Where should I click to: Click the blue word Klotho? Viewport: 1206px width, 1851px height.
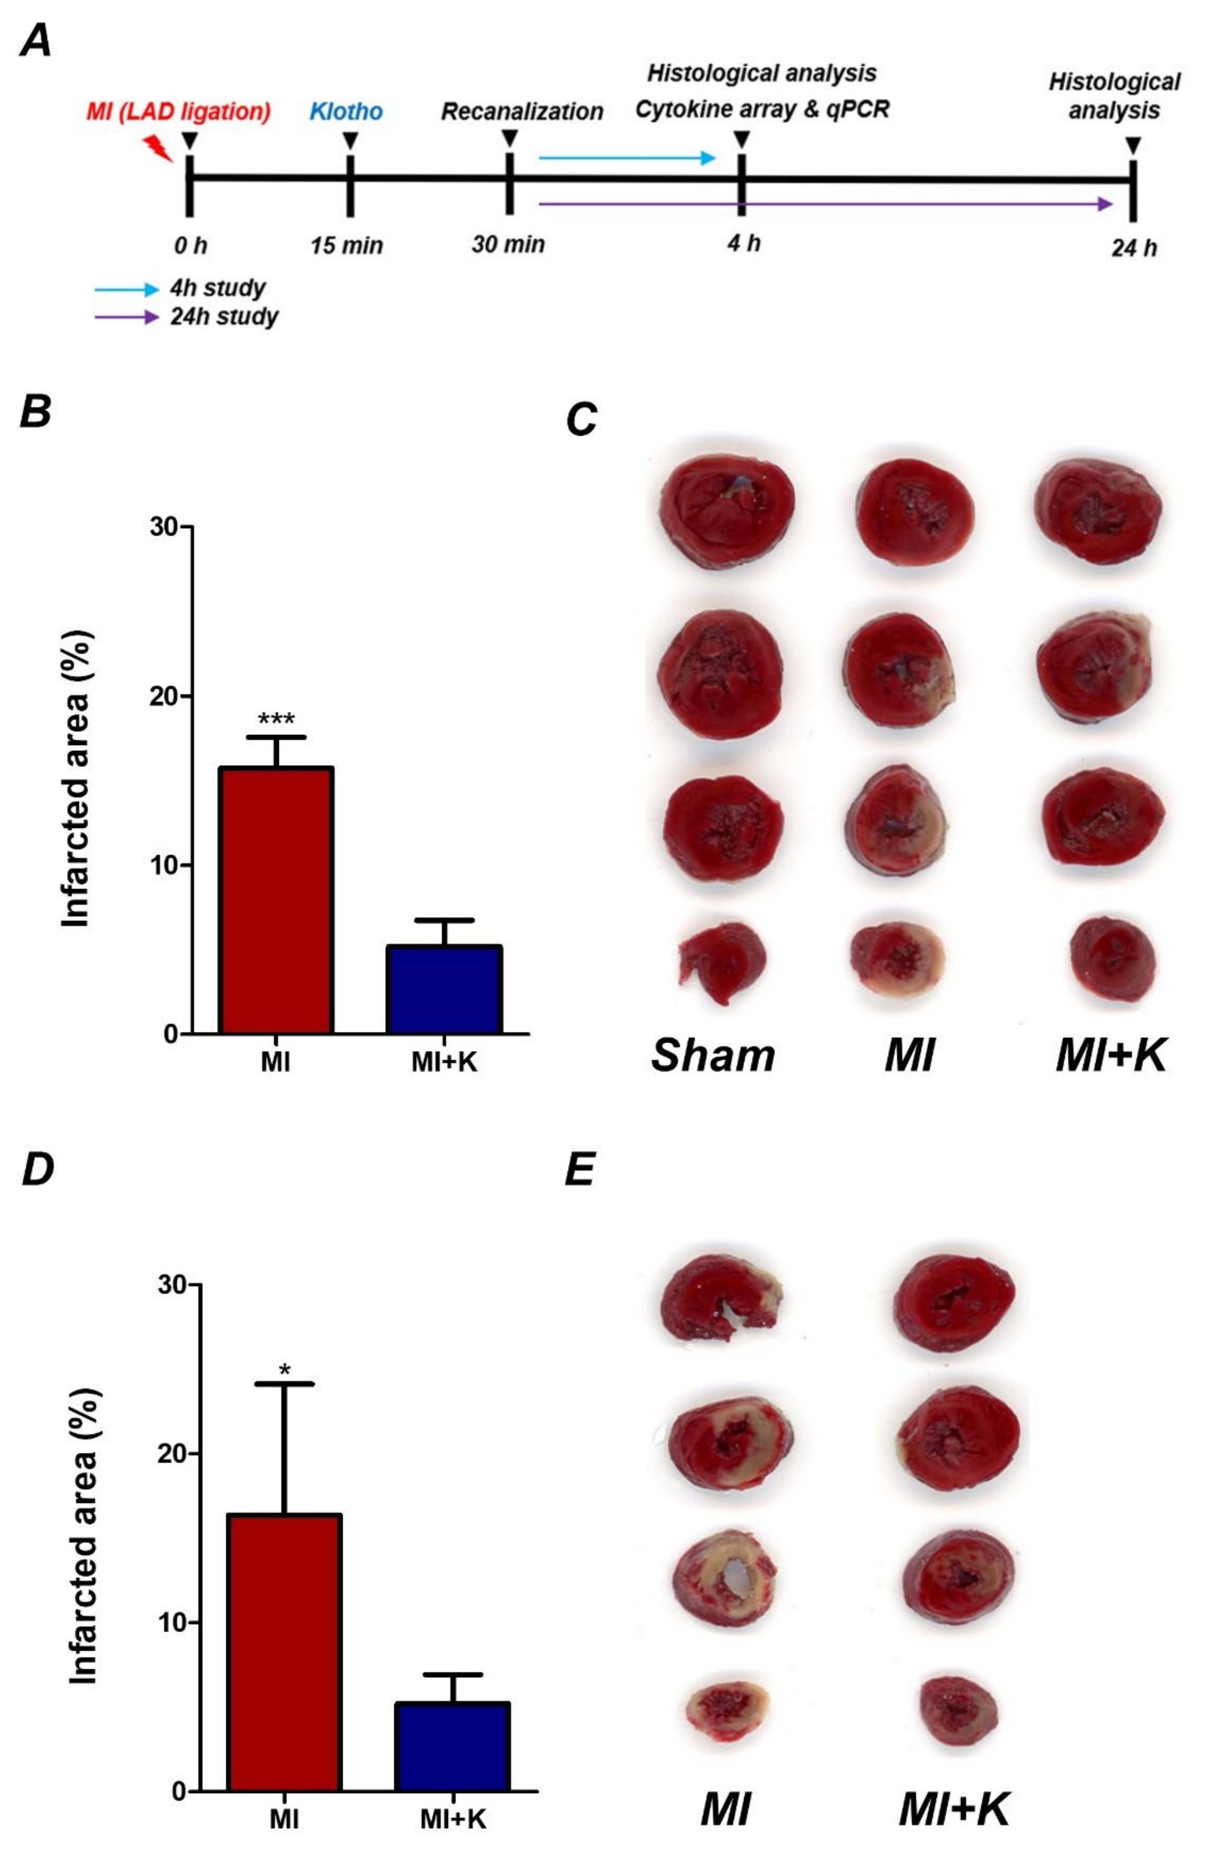(346, 111)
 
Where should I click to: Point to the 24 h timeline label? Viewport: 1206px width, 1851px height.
(1134, 248)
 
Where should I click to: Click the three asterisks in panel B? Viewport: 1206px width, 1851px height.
(276, 720)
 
